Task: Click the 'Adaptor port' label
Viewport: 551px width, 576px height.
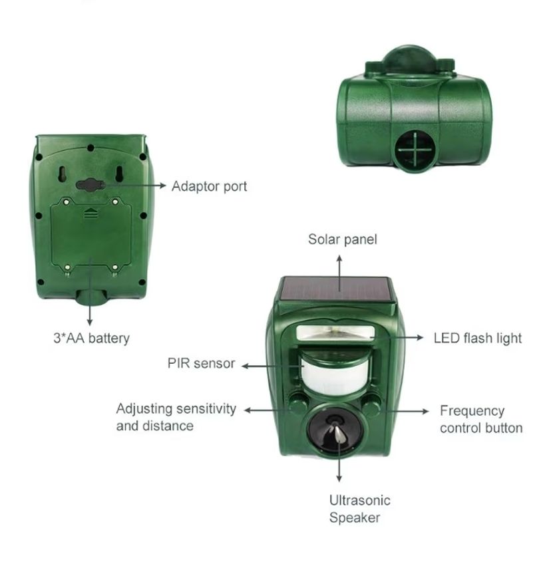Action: pos(209,186)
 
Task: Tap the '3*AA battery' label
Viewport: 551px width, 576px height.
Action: pos(92,338)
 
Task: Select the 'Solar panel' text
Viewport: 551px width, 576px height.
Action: pos(343,239)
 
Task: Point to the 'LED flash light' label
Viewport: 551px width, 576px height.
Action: pos(478,338)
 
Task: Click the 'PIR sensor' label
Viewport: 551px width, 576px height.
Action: pos(201,363)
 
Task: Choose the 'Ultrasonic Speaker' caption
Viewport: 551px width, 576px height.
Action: pos(359,509)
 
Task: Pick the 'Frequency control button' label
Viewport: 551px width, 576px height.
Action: pos(481,419)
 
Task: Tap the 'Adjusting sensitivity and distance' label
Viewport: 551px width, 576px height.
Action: pos(176,417)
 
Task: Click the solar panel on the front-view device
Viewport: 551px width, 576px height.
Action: pos(335,289)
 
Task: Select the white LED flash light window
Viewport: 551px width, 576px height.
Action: pos(335,333)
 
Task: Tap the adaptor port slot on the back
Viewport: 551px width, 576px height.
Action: pos(91,184)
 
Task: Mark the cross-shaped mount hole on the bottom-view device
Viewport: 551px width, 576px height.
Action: pos(415,149)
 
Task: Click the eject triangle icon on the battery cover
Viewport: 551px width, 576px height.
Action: pos(91,213)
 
